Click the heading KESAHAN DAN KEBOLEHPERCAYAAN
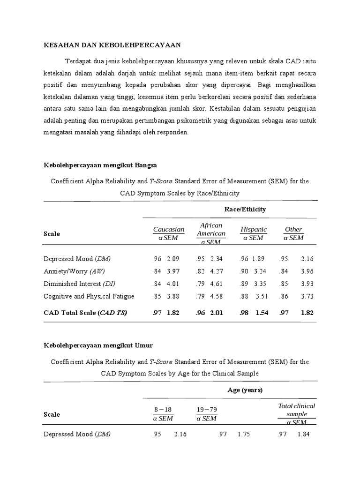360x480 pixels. click(112, 45)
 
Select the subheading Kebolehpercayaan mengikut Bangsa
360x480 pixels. click(100, 165)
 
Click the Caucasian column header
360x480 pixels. click(169, 229)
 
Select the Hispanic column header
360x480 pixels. click(254, 229)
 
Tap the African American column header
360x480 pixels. click(211, 229)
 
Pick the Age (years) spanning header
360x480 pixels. click(245, 390)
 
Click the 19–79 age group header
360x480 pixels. click(206, 410)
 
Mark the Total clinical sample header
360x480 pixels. click(296, 410)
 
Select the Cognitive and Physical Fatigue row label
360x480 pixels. click(89, 296)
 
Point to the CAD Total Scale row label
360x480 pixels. click(85, 313)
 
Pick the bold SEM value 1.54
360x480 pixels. click(262, 313)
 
